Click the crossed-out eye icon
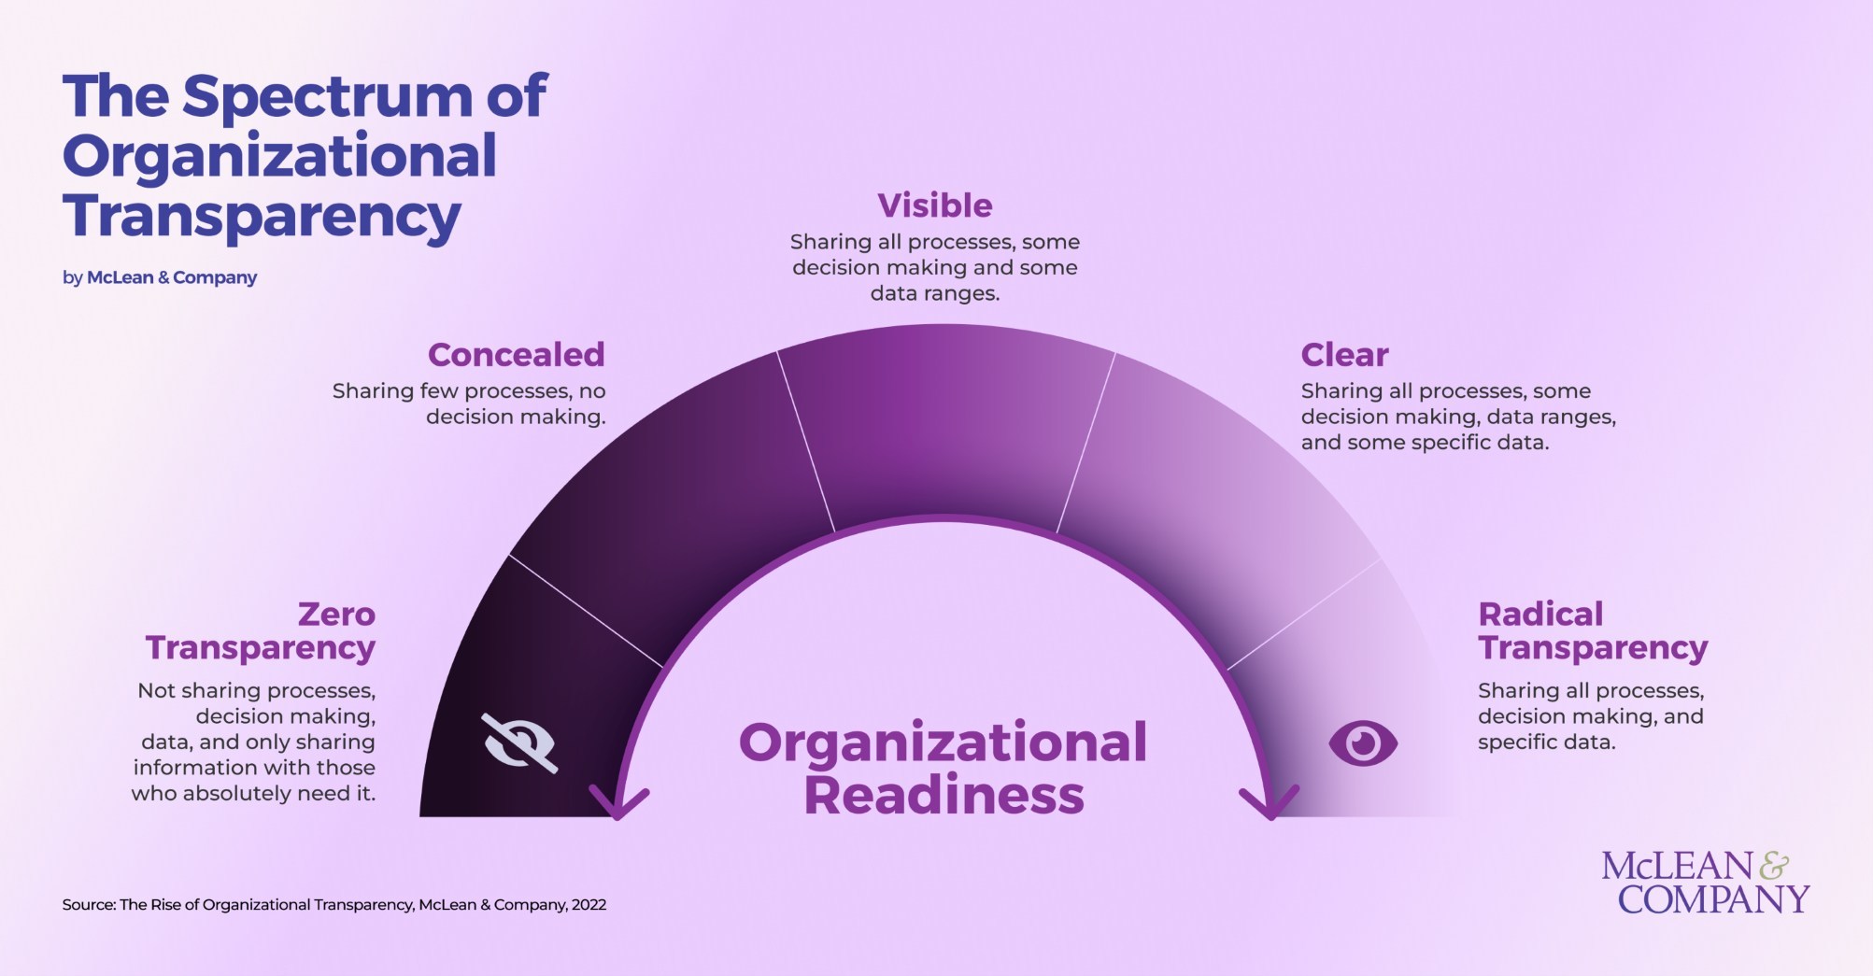point(519,743)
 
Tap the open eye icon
point(1363,743)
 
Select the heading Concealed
point(516,355)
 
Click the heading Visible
point(934,205)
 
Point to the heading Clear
point(1344,355)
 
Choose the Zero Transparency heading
point(261,631)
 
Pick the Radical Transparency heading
point(1592,631)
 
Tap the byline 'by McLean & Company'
point(160,277)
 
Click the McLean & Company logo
point(1705,883)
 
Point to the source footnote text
point(333,904)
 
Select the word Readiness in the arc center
point(944,796)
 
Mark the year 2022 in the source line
point(589,904)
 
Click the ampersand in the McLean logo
point(1773,867)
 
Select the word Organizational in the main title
point(279,156)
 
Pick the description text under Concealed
point(469,403)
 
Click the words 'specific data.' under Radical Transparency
point(1546,743)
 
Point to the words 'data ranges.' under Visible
point(934,293)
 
